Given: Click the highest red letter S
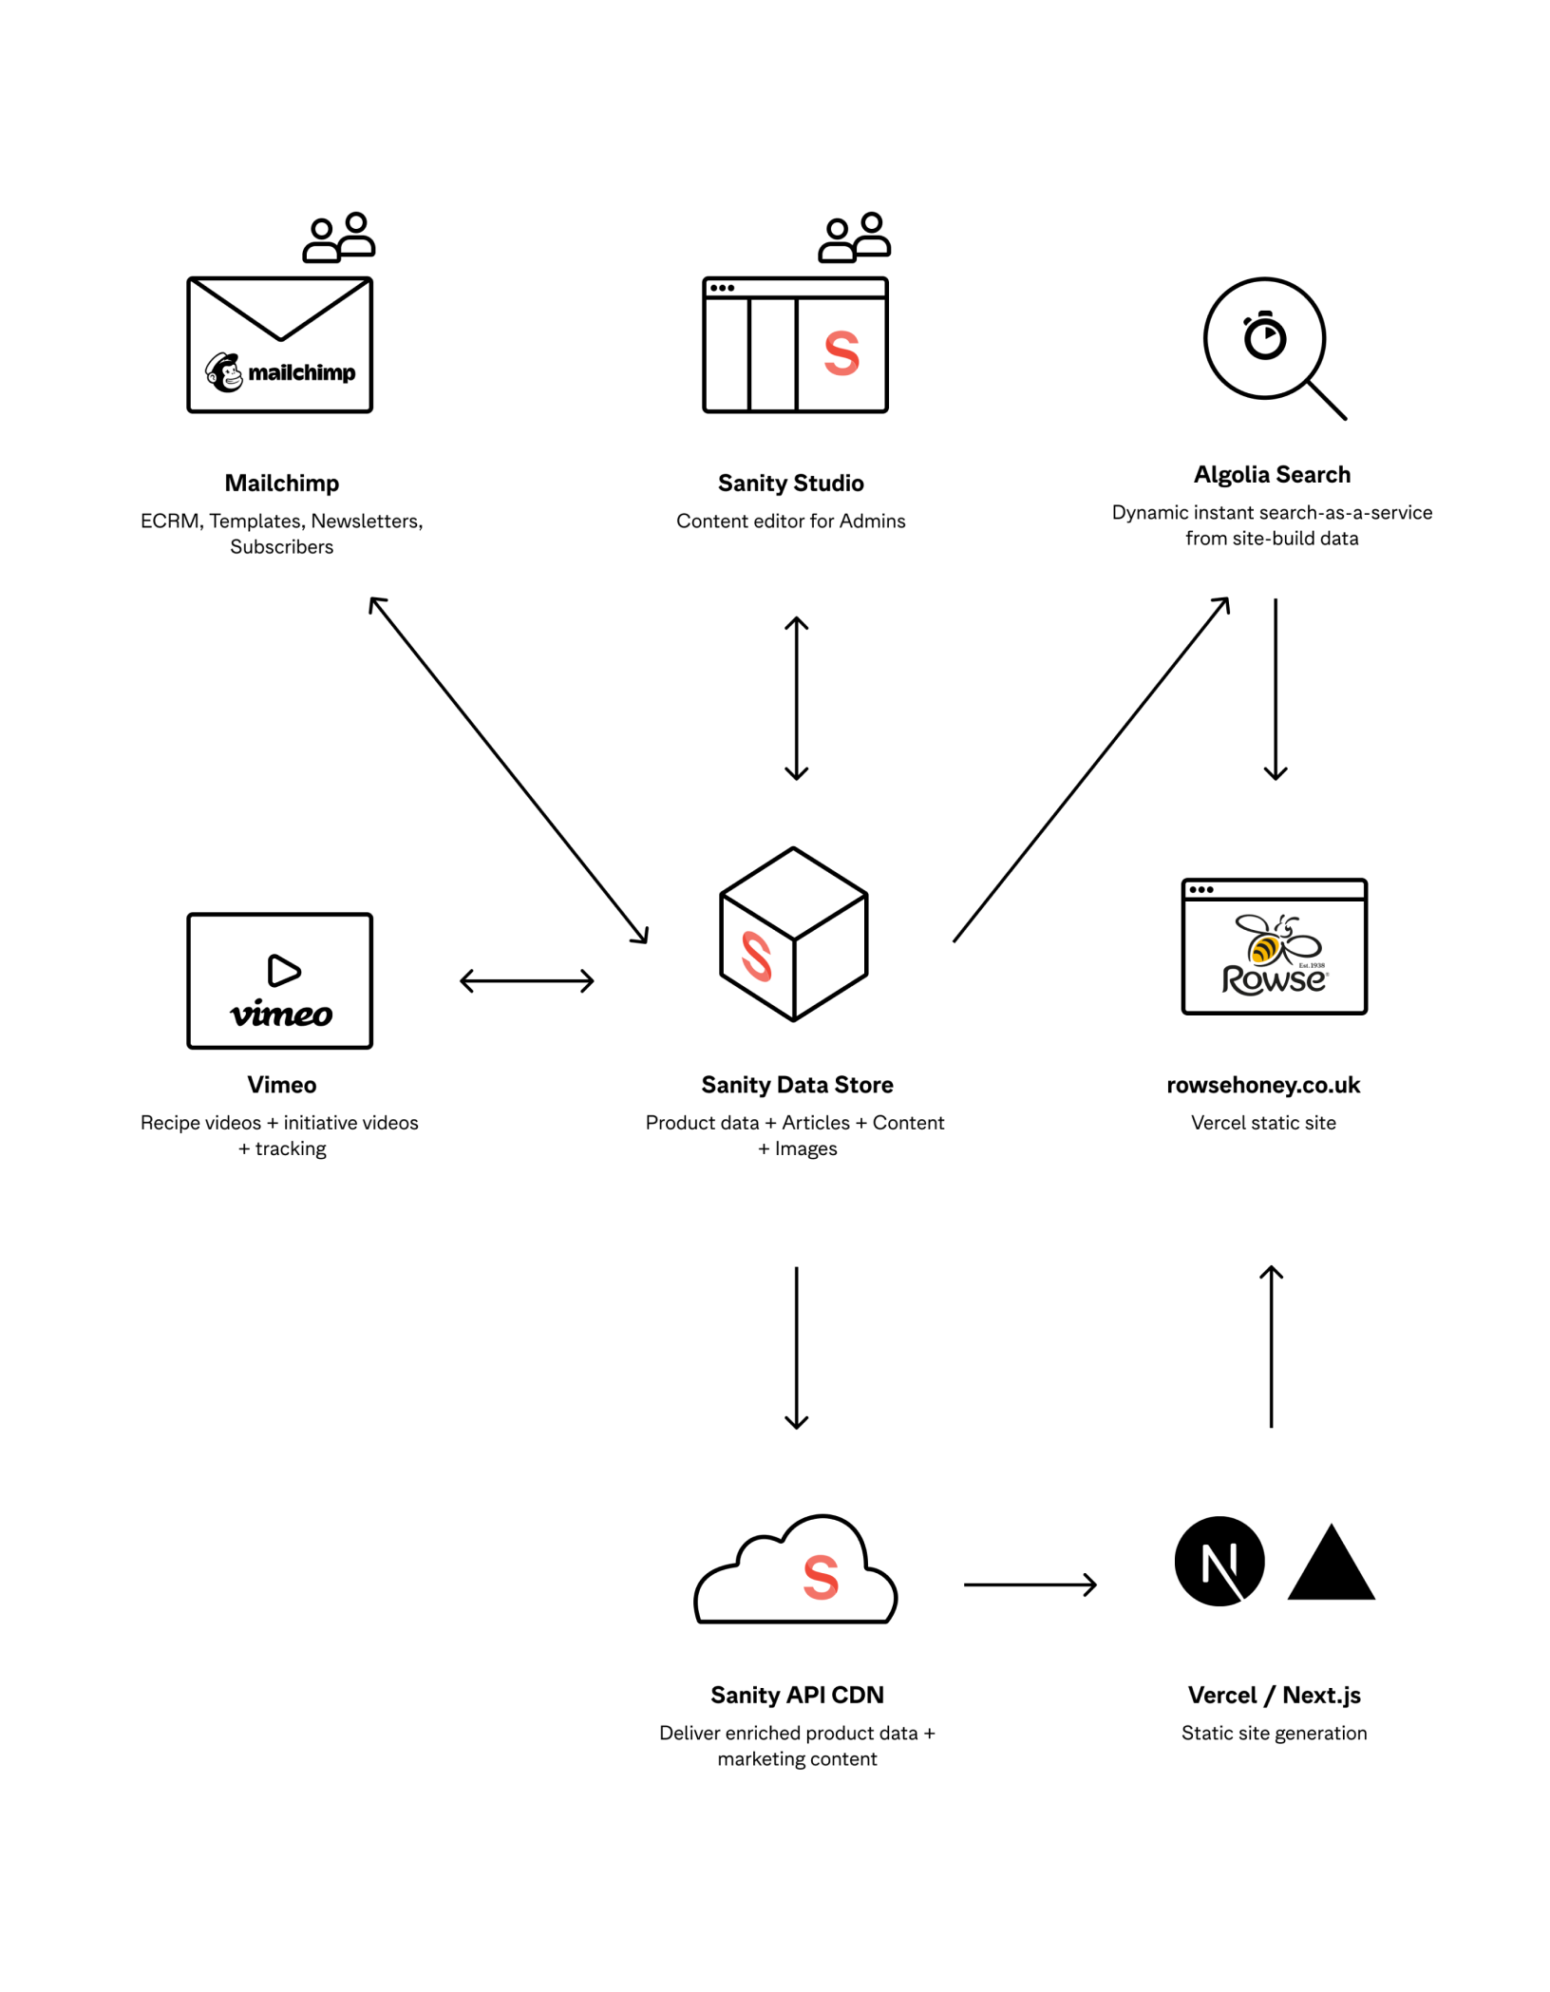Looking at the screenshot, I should (841, 353).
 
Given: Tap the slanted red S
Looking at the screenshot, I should (757, 956).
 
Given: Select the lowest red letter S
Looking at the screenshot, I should (821, 1578).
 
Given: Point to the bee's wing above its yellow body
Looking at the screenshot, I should (1251, 923).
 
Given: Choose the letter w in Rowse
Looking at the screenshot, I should (1277, 982).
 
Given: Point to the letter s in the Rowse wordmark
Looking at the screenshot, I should (1297, 981).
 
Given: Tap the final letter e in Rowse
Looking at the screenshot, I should (1314, 981).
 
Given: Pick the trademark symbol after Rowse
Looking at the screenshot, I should (1328, 974).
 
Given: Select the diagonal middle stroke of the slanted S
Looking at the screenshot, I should (757, 956).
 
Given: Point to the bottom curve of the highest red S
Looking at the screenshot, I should (841, 371).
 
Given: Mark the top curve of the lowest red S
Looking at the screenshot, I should (822, 1560).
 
